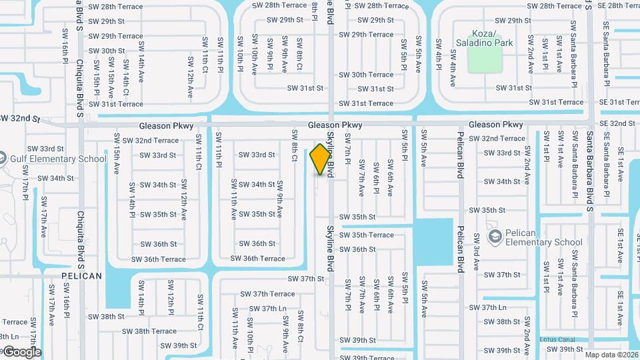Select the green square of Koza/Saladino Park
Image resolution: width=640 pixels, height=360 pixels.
point(484,59)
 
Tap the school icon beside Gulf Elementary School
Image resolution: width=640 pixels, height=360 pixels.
point(3,159)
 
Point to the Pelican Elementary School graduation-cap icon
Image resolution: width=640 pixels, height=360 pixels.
point(495,237)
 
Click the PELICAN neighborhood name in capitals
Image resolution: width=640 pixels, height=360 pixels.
point(81,275)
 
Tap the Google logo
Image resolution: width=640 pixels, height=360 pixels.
point(21,351)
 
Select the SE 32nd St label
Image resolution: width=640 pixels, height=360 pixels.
point(617,124)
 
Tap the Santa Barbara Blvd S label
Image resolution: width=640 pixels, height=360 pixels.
point(590,173)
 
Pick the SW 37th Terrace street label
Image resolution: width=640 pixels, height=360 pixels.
point(267,294)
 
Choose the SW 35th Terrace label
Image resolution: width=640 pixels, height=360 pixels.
point(366,235)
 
